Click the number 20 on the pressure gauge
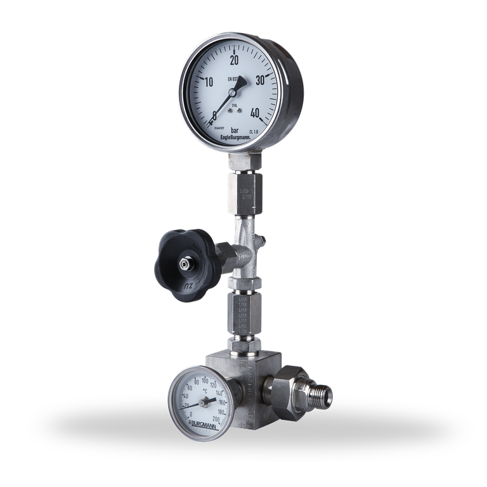(x=234, y=60)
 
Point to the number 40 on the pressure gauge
(x=256, y=114)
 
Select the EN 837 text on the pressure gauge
(x=234, y=79)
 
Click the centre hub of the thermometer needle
(x=203, y=402)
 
